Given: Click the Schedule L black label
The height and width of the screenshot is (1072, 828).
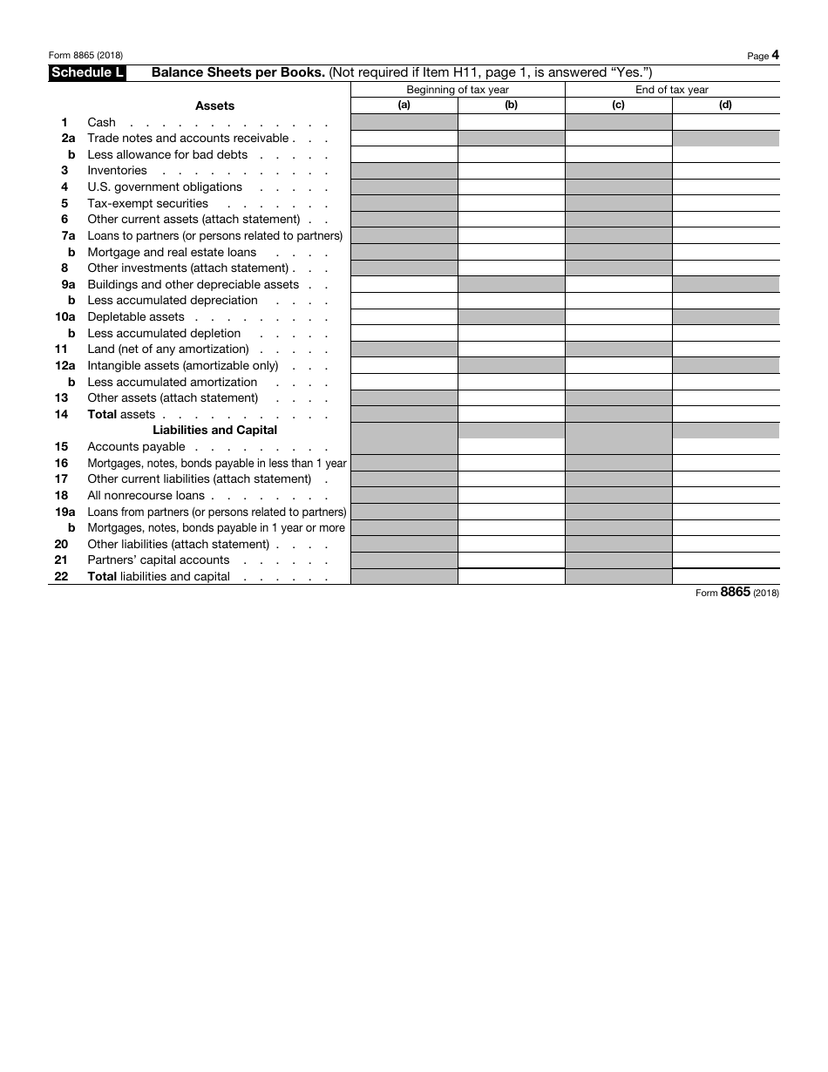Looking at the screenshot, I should point(87,73).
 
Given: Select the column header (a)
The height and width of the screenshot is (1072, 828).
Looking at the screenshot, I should point(404,105).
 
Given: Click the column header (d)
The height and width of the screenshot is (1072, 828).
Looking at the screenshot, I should point(725,105).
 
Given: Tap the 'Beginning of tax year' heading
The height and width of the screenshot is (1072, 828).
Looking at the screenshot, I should point(458,90).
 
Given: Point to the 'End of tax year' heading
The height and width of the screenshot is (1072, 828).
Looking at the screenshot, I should point(672,90).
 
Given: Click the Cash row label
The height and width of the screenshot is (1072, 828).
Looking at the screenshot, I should point(102,122).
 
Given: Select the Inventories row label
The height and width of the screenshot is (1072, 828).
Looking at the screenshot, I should point(117,171).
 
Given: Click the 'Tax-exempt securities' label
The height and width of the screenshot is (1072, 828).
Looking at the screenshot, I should point(147,203).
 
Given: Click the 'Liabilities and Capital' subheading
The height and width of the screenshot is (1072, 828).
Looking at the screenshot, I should point(214,431).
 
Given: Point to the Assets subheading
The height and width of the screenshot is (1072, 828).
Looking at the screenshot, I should point(214,105).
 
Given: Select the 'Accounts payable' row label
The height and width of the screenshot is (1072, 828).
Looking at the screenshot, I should point(136,447).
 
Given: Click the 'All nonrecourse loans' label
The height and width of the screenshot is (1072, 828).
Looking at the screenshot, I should point(146,495).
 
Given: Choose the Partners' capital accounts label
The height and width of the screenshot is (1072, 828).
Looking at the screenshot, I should point(158,560).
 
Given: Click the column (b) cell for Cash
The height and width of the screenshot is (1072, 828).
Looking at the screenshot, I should point(511,122).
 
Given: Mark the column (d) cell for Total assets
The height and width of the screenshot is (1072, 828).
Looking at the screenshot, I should point(725,415).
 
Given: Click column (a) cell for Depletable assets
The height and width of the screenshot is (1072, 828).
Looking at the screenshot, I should point(404,317).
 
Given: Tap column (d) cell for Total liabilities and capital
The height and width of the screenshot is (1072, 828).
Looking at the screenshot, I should point(725,576).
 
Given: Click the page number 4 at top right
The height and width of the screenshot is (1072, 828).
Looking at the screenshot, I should point(775,55).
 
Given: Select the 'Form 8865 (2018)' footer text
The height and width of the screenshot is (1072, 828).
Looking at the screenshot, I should point(736,593).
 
